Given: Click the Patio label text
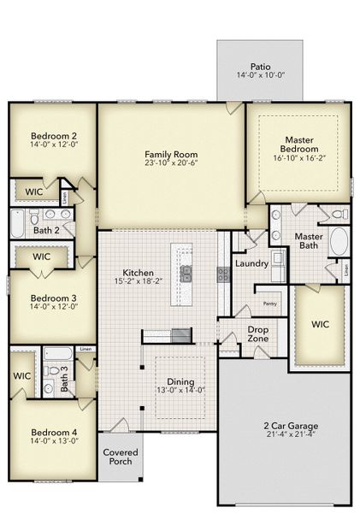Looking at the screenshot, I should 261,66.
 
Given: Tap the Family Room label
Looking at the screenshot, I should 171,155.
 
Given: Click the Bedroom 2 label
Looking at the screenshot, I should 54,135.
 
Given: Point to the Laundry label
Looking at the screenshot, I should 251,263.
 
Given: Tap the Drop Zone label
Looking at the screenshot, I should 257,333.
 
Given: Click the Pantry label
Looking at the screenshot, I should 269,304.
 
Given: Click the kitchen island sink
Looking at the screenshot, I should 186,273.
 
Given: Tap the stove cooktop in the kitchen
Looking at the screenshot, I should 221,274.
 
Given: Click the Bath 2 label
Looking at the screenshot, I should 46,229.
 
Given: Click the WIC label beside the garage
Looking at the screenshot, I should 320,325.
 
